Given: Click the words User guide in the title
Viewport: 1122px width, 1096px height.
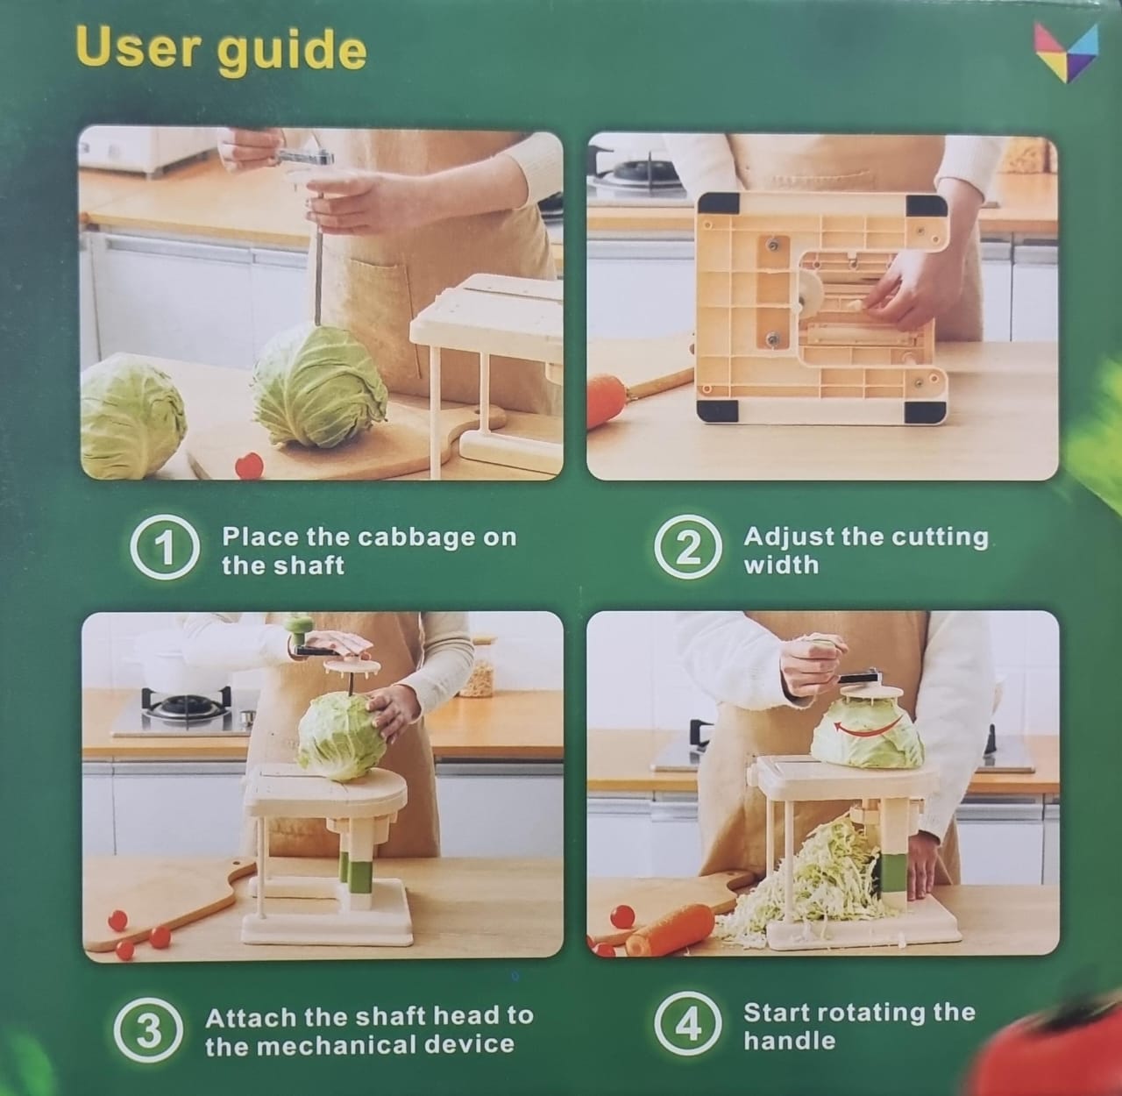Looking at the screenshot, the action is pyautogui.click(x=222, y=51).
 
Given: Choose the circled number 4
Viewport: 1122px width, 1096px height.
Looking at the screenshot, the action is pyautogui.click(x=688, y=1026).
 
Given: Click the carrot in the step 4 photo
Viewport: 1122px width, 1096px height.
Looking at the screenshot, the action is pyautogui.click(x=670, y=928).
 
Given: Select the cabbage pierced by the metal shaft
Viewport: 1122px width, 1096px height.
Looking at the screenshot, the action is pyautogui.click(x=319, y=385).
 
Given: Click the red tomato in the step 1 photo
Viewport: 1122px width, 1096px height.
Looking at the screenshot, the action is pyautogui.click(x=249, y=465).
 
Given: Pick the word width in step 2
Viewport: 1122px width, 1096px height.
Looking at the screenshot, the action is pyautogui.click(x=781, y=564).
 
